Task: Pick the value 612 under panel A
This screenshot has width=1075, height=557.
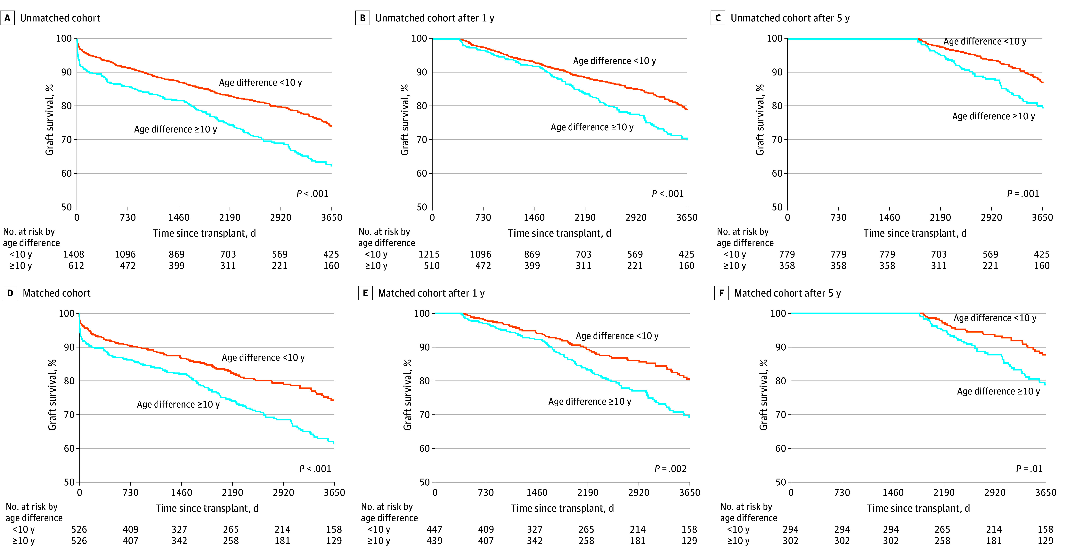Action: click(x=76, y=266)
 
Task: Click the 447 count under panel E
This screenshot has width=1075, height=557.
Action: click(x=434, y=529)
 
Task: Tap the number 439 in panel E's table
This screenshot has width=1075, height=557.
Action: click(x=434, y=541)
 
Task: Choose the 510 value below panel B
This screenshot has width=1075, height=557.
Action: click(x=432, y=266)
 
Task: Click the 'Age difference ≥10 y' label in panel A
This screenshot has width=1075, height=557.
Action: click(x=175, y=129)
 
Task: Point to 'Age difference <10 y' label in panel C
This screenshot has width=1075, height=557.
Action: click(x=984, y=41)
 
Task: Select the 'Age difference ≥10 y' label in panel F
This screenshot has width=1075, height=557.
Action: click(x=998, y=391)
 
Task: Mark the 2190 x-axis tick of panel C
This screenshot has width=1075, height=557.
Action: click(x=940, y=217)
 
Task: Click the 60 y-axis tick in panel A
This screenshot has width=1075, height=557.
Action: click(x=66, y=174)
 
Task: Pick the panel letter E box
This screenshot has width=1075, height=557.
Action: click(x=365, y=293)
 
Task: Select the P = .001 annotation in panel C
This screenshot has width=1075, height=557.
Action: click(x=1023, y=194)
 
